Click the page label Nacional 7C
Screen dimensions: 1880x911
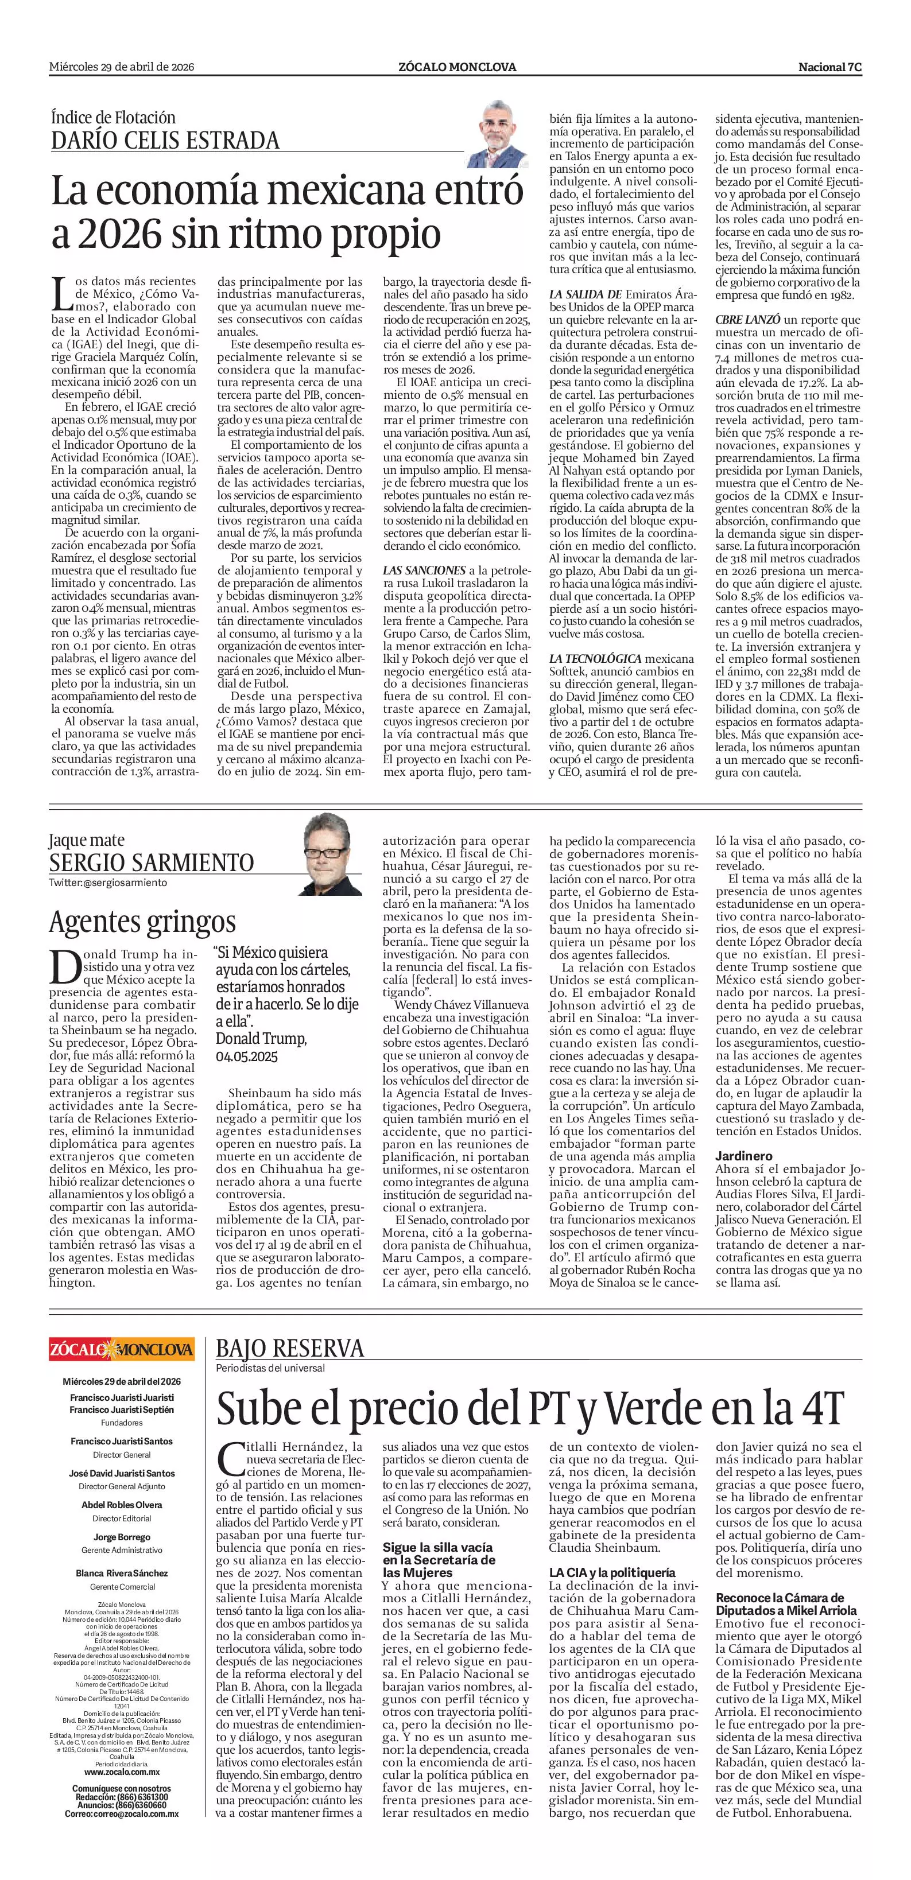coord(830,67)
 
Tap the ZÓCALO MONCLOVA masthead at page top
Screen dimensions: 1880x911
coord(457,67)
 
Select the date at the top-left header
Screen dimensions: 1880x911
coord(121,67)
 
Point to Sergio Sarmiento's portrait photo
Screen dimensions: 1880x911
coord(332,853)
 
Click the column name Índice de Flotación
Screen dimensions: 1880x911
coord(113,118)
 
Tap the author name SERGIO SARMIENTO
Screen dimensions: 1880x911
coord(151,863)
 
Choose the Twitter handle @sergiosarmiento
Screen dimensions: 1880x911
coord(108,883)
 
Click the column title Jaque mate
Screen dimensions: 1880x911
coord(87,840)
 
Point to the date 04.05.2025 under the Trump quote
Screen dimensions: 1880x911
coord(246,1056)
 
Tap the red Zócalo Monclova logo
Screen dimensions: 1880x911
coord(121,1349)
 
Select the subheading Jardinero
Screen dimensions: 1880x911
coord(744,1156)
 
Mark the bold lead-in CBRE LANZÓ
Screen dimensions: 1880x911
coord(747,320)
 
